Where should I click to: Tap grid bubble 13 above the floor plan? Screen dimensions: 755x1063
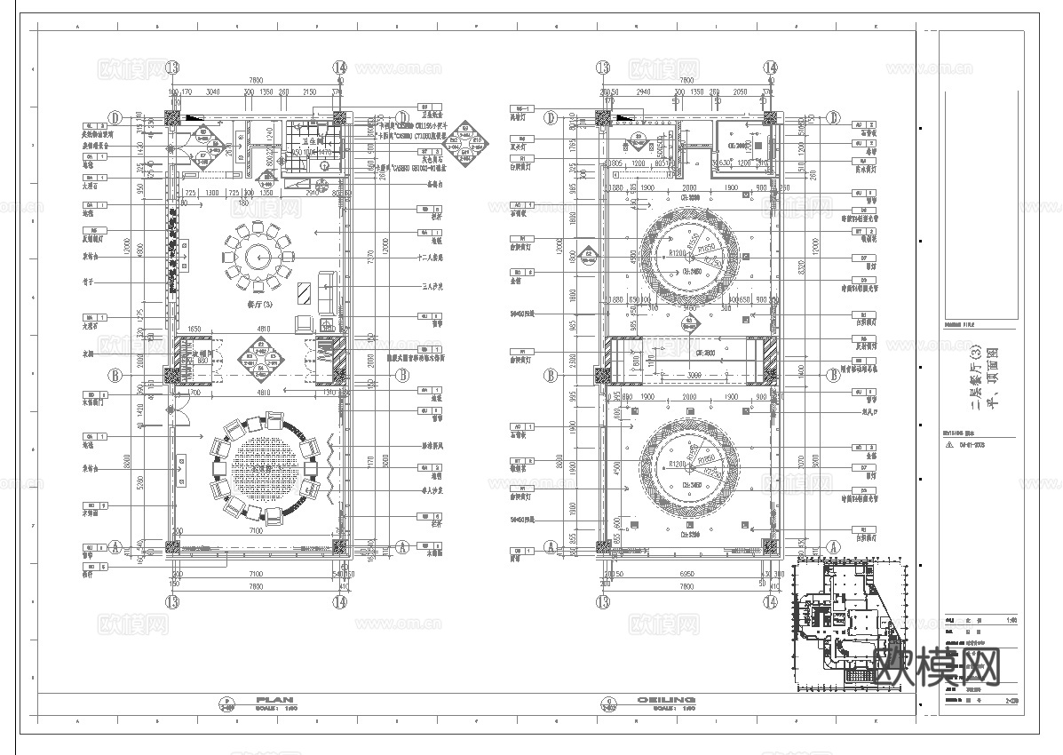(171, 68)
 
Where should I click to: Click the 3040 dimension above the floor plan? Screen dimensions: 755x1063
(213, 91)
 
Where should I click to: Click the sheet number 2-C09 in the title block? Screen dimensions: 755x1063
(1010, 701)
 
